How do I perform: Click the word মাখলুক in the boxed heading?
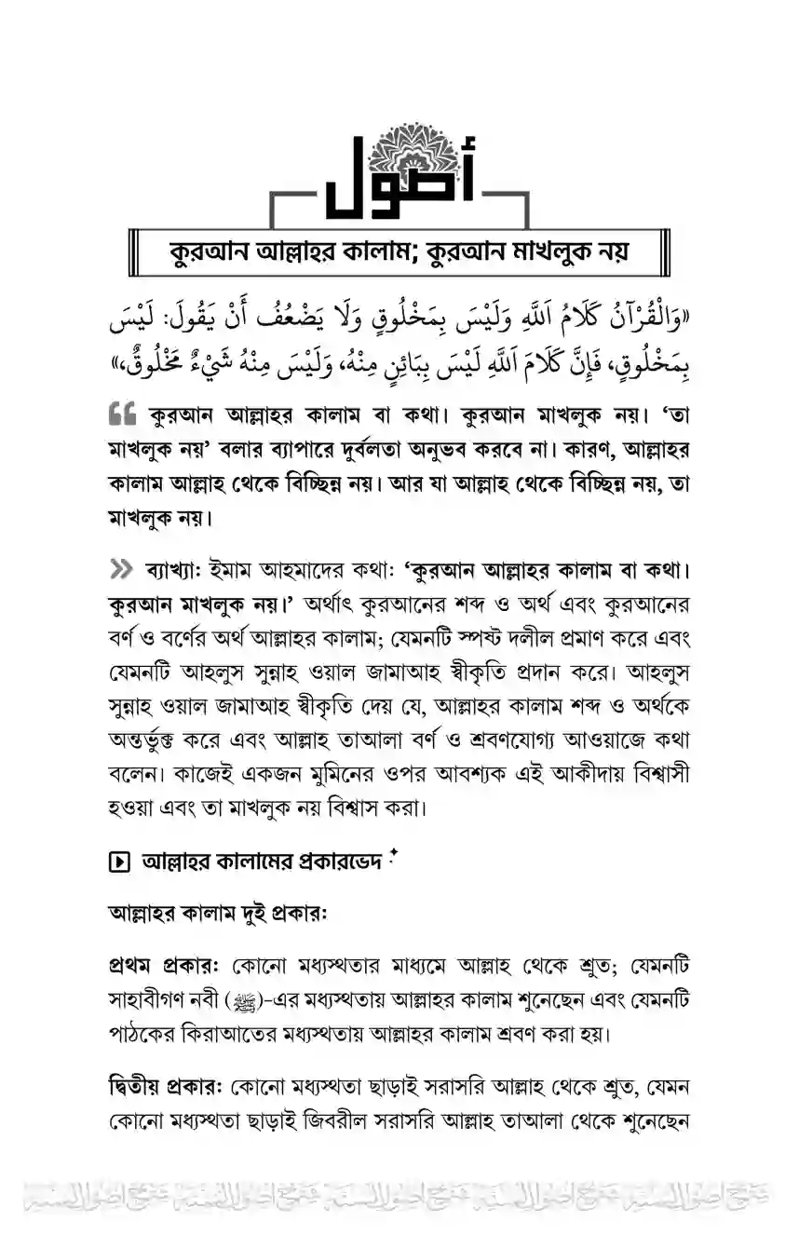click(x=543, y=251)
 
